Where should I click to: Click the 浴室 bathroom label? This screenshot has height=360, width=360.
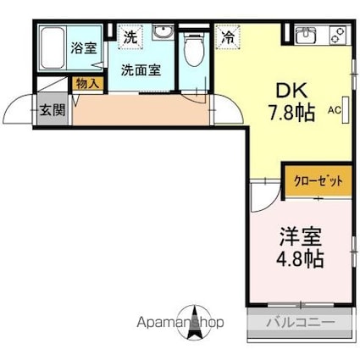82,47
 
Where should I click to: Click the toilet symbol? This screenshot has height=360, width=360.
195,48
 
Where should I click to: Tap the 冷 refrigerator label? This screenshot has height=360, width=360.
228,36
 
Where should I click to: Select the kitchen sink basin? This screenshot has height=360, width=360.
306,36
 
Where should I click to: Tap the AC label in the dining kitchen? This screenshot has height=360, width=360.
334,110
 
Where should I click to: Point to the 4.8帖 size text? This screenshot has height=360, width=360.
301,258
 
